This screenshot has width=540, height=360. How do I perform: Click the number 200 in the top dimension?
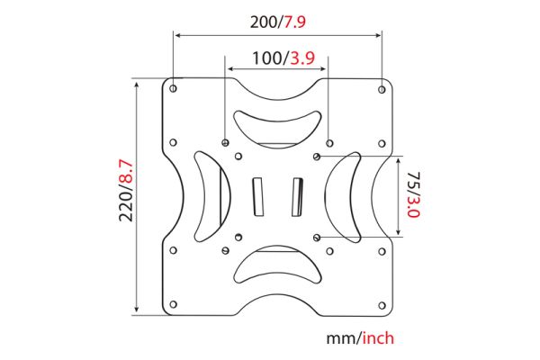click(x=264, y=22)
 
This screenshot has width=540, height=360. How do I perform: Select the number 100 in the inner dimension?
click(x=267, y=58)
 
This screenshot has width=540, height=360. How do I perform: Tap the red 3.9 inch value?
click(x=302, y=58)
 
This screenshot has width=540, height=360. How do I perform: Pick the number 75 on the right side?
click(x=413, y=180)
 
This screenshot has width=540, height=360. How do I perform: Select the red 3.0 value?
click(x=413, y=206)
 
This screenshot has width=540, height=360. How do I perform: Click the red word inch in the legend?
click(x=378, y=338)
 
